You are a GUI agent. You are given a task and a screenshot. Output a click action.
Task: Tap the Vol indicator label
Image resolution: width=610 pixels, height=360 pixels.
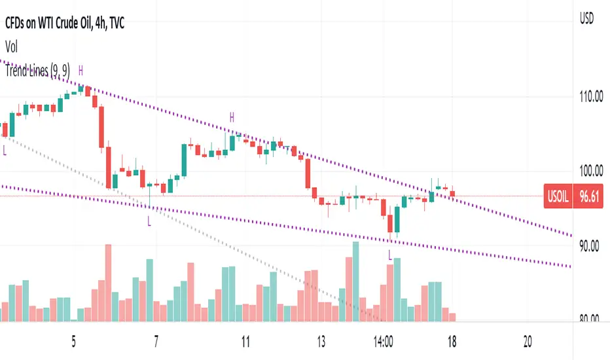12,47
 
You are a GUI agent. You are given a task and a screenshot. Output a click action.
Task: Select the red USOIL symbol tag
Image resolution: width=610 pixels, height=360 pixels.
558,195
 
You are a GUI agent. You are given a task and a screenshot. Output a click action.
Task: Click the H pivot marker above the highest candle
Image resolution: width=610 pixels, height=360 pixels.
81,69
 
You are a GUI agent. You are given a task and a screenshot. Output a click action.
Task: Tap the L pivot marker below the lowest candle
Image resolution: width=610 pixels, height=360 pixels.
391,254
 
